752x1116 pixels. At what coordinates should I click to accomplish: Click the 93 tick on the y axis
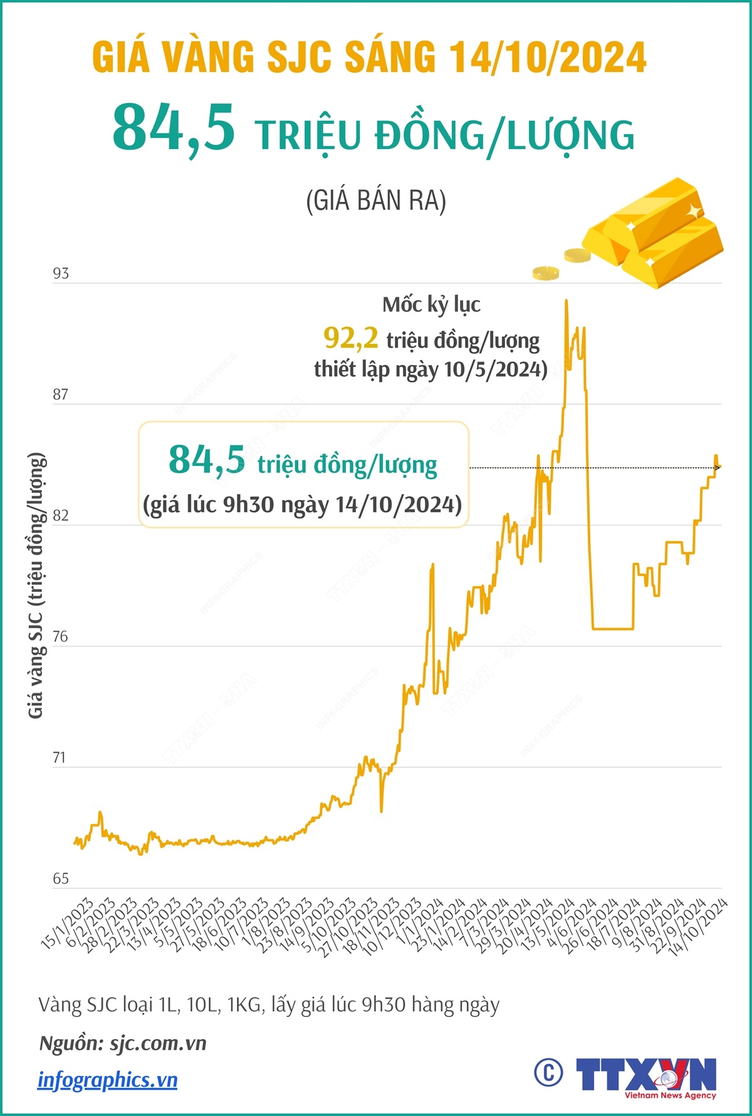coord(61,274)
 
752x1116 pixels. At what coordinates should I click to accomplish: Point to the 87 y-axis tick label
coord(61,395)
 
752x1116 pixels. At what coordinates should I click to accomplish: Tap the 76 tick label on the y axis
coord(60,637)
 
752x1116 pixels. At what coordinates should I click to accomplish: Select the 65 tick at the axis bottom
coord(61,879)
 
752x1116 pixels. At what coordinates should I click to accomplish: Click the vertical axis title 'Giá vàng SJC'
coord(36,585)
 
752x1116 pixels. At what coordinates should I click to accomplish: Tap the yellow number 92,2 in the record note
coord(351,338)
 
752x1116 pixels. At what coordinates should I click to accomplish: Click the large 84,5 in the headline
coord(174,128)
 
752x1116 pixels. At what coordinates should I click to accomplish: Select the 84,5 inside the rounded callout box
coord(207,460)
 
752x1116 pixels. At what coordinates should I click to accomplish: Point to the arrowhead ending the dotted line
coord(718,467)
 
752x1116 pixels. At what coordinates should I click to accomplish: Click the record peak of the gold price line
coord(567,301)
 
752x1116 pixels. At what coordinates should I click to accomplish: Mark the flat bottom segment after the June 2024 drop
coord(613,628)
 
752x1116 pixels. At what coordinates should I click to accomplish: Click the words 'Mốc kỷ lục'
coord(431,305)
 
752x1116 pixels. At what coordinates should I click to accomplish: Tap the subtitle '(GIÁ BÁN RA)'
coord(376,200)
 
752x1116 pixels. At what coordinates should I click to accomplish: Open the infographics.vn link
coord(107,1080)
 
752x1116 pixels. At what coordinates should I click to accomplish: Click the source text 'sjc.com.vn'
coord(158,1043)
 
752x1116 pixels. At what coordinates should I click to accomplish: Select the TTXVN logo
coord(646,1076)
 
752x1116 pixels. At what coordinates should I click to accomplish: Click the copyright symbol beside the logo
coord(548,1073)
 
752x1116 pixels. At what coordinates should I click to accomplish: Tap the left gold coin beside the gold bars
coord(545,272)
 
